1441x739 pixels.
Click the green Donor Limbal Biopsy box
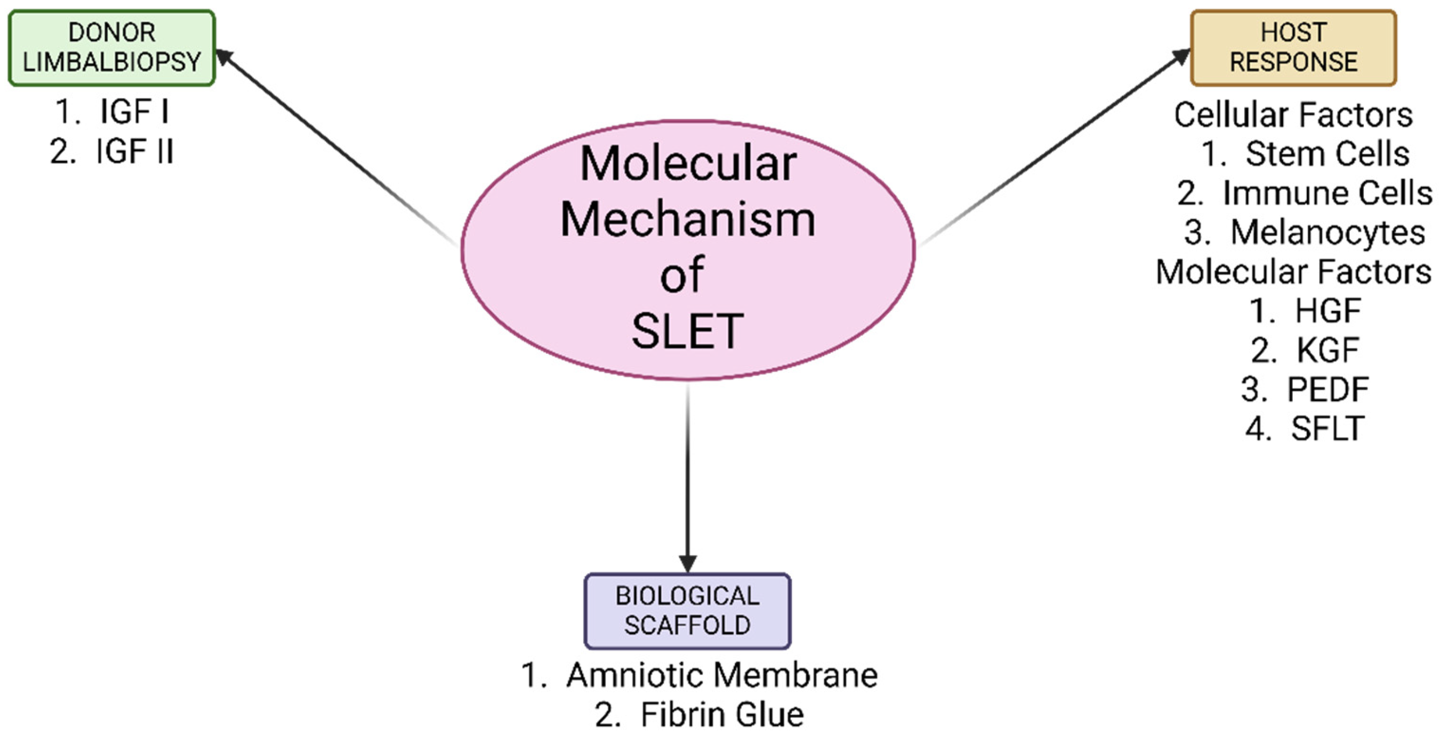[x=111, y=47]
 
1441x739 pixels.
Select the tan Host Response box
[x=1293, y=47]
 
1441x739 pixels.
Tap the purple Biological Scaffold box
[x=687, y=611]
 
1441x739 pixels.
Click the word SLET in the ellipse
[x=687, y=331]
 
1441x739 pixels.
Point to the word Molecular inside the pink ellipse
[x=688, y=163]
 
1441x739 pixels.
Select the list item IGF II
[x=134, y=151]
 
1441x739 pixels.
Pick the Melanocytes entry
[x=1327, y=233]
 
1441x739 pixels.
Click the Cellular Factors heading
[x=1293, y=115]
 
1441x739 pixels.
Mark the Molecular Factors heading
[x=1293, y=272]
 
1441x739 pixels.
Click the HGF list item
[x=1327, y=311]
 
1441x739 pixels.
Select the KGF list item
[x=1327, y=350]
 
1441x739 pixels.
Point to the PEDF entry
[x=1327, y=389]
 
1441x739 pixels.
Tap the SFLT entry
[x=1327, y=428]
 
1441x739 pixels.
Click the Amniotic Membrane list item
[x=722, y=674]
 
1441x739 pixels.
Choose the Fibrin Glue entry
[x=722, y=714]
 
